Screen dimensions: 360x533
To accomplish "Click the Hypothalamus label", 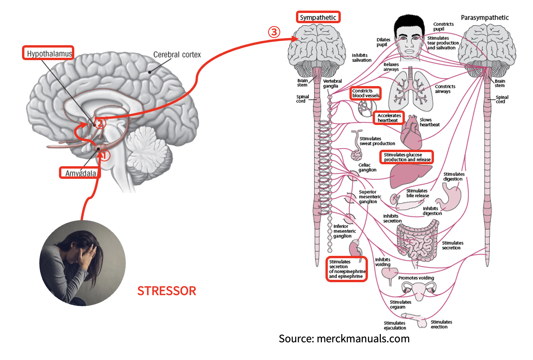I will click(49, 53).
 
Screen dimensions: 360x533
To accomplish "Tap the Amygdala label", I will click(80, 173).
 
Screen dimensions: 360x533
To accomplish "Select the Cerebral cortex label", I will click(177, 55).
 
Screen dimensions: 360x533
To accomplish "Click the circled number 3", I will click(274, 32).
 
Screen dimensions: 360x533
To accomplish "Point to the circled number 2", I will click(100, 123).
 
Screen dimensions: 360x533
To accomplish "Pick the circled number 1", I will click(105, 155).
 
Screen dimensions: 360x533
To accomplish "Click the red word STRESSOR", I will click(166, 291).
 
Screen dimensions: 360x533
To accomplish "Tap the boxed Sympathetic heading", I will click(318, 17).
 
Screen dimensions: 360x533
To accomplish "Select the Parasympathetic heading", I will click(484, 18).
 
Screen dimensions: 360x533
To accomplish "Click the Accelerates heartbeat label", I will click(389, 118).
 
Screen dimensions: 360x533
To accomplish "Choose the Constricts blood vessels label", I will click(366, 93).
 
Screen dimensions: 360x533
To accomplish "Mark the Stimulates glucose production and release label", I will click(407, 157).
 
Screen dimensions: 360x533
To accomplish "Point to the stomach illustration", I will click(452, 197).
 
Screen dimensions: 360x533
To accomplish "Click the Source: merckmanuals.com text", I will click(344, 338).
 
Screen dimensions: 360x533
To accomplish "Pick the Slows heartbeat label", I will click(429, 122).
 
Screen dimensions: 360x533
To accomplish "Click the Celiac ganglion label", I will click(367, 167).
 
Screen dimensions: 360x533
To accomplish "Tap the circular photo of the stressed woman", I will click(83, 263).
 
